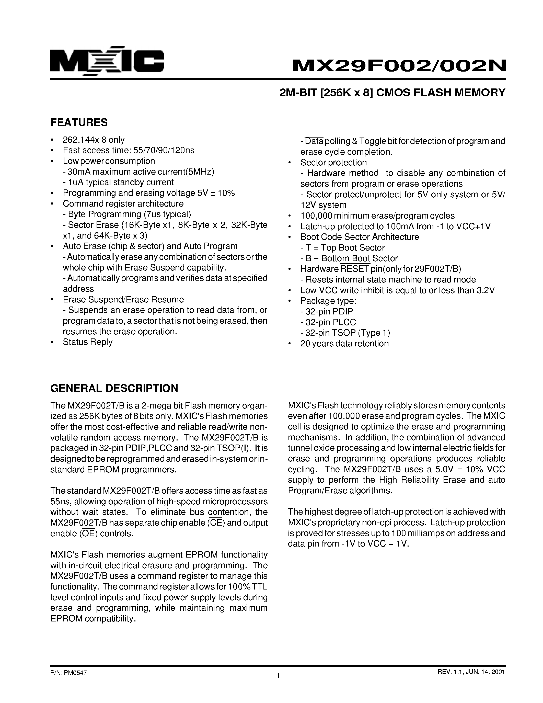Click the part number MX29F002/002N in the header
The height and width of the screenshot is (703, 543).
(x=399, y=66)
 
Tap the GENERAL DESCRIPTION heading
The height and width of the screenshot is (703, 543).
(x=114, y=388)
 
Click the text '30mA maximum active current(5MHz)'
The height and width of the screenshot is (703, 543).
(x=139, y=172)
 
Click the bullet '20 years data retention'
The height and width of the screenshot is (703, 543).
(x=344, y=344)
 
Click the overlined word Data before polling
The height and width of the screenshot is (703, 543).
(x=314, y=141)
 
